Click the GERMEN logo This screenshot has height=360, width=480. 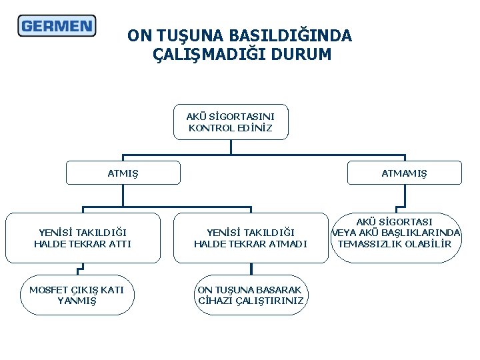(57, 26)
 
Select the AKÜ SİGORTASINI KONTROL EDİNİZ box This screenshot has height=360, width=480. (231, 122)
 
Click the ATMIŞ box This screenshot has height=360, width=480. (123, 173)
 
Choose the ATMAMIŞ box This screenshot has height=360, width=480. (404, 173)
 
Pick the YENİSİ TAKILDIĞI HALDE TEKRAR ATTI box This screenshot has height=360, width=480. (83, 238)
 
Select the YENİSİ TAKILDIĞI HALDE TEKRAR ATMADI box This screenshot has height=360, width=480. (250, 238)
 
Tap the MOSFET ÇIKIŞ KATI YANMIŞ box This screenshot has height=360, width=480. (77, 295)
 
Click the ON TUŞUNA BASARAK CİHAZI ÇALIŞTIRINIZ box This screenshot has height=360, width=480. (250, 295)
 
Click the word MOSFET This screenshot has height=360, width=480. (48, 289)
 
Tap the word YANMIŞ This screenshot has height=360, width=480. (77, 301)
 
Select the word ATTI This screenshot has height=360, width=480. (121, 244)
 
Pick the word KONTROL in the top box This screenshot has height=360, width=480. (211, 128)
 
